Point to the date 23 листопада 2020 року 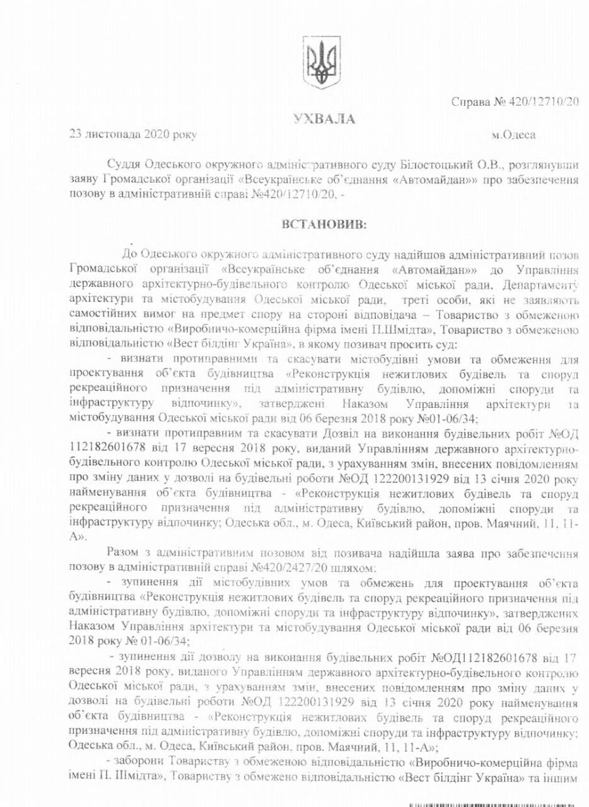[x=133, y=134]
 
